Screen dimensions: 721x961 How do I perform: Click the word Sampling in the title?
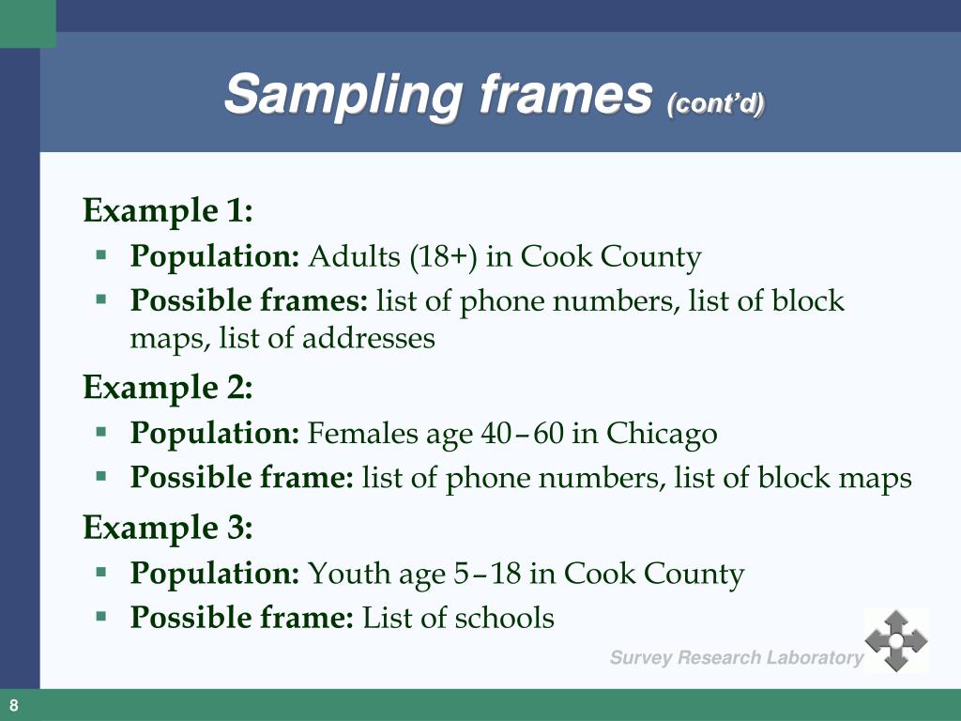(x=343, y=96)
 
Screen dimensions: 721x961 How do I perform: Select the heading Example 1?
(x=168, y=210)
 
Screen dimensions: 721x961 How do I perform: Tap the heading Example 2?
(x=168, y=387)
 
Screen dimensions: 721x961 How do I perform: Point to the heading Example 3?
(x=168, y=529)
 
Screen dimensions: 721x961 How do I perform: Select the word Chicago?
(x=662, y=433)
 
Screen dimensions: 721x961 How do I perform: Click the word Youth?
(x=341, y=573)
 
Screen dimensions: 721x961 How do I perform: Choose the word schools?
(x=504, y=618)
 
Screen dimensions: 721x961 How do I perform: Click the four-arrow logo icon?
(x=895, y=640)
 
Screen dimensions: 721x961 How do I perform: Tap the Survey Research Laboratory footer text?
(x=736, y=658)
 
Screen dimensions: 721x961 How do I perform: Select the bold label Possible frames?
(x=249, y=301)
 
